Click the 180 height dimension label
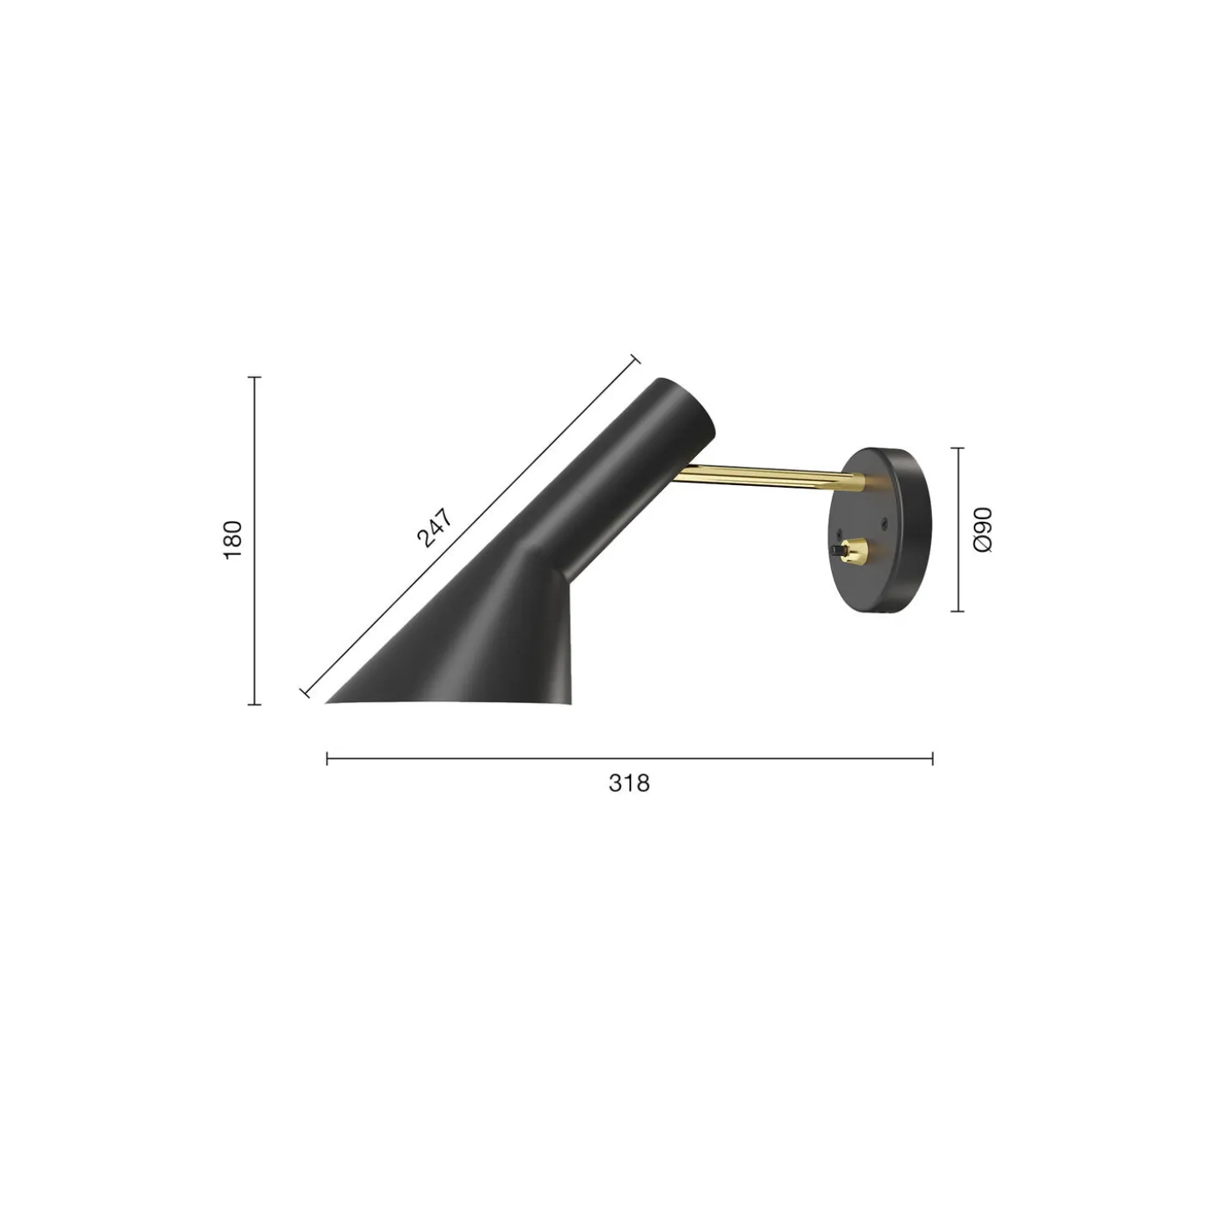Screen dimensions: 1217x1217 (233, 540)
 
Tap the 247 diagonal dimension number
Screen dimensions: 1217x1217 (435, 528)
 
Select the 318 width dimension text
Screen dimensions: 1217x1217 (629, 783)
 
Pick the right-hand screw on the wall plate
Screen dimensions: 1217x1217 (884, 523)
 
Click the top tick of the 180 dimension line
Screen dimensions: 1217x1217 (254, 377)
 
